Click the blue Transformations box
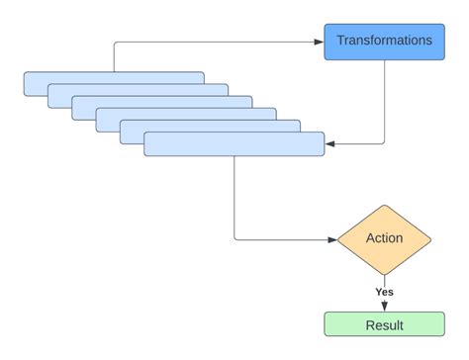pos(384,42)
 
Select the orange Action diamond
pos(384,238)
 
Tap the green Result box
pos(384,323)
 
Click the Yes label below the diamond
pos(384,292)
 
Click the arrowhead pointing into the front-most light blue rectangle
pos(330,144)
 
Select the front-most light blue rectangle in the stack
pos(234,144)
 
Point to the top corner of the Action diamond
pos(384,206)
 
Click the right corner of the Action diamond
pos(430,239)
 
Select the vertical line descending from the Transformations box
pos(384,99)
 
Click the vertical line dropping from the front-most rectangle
pos(234,198)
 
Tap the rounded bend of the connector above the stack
pos(116,44)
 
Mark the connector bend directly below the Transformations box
pos(383,143)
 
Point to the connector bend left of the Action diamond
pos(235,238)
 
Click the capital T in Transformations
pos(340,42)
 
